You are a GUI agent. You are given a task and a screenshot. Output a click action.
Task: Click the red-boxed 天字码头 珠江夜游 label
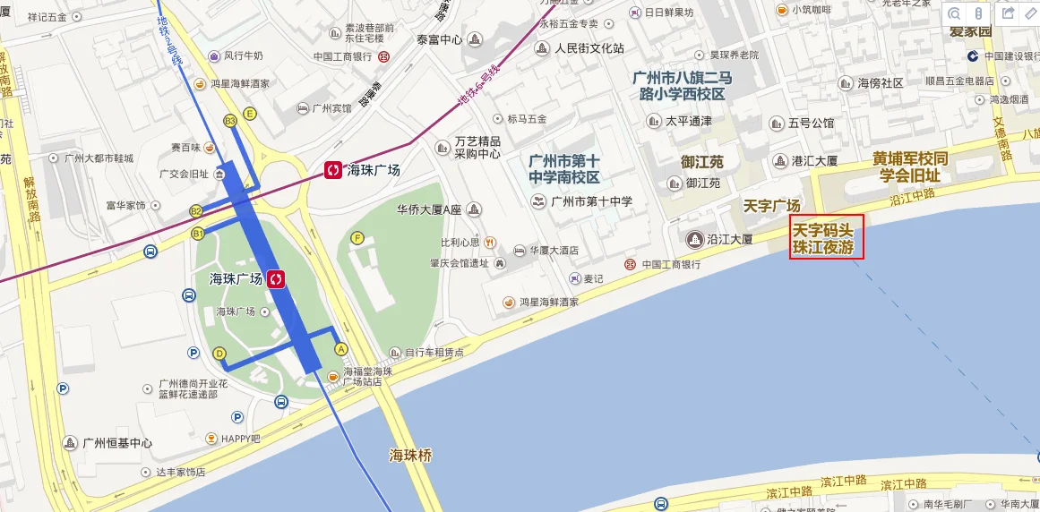coord(826,237)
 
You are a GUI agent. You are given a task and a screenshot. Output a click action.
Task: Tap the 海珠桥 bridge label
coord(410,456)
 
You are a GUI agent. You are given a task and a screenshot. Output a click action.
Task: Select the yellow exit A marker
coord(340,348)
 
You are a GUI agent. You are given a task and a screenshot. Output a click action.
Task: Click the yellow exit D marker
coord(219,354)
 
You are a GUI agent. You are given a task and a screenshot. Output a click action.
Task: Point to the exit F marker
coord(357,238)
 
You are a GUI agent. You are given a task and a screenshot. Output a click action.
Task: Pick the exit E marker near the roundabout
coord(250,114)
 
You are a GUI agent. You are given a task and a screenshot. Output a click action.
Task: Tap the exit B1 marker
coord(198,233)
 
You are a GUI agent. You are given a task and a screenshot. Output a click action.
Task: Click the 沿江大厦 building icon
coord(694,239)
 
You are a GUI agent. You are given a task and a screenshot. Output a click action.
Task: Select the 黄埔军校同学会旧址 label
coord(909,166)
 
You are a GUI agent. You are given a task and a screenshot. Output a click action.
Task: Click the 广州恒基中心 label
coord(116,443)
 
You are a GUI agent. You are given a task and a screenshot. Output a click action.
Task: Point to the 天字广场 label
coord(771,206)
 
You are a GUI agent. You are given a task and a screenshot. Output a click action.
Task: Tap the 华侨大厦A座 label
coord(428,210)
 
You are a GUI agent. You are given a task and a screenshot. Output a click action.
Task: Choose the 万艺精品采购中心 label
coord(477,147)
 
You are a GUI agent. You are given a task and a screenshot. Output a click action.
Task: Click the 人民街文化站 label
coord(589,48)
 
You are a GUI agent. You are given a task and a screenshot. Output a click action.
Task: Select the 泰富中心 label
coord(439,39)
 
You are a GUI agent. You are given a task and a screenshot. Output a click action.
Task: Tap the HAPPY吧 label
coord(240,439)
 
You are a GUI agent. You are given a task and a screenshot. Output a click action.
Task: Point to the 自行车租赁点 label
coord(434,353)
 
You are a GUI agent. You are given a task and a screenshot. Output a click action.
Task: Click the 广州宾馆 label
coord(331,108)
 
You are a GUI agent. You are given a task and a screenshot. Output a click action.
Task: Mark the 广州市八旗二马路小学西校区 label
coord(682,85)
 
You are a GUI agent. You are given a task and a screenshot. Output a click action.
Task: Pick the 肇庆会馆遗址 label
coord(459,263)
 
